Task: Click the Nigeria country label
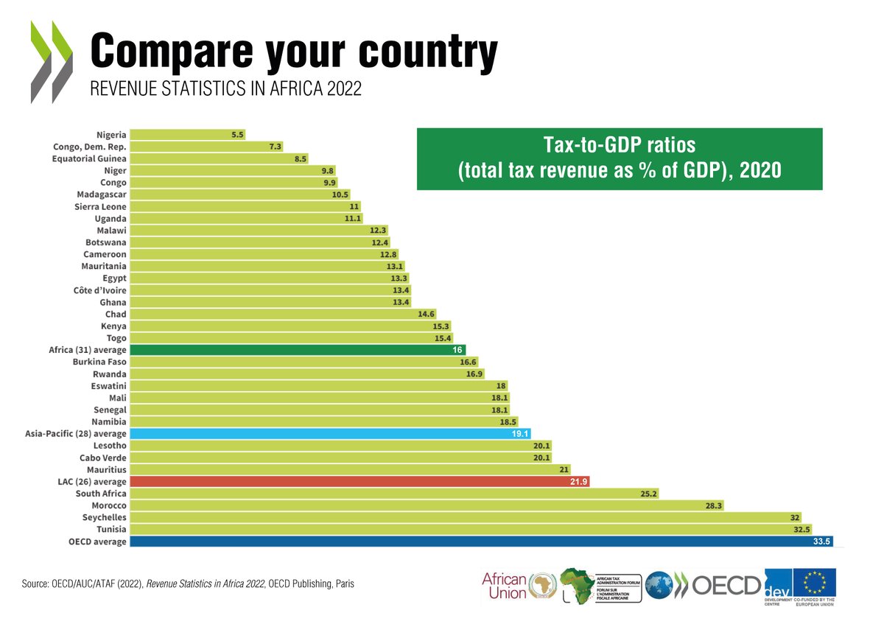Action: (x=111, y=135)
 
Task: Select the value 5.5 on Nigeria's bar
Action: (x=237, y=135)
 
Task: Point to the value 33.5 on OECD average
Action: (x=822, y=541)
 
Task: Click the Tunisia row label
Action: (x=111, y=530)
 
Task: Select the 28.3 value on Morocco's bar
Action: (x=715, y=506)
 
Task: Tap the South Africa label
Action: (x=101, y=494)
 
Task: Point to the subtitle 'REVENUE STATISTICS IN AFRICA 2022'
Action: (x=225, y=89)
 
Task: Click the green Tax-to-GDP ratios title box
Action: (x=619, y=159)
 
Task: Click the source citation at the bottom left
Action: (x=188, y=584)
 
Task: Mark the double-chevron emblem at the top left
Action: (x=52, y=62)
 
